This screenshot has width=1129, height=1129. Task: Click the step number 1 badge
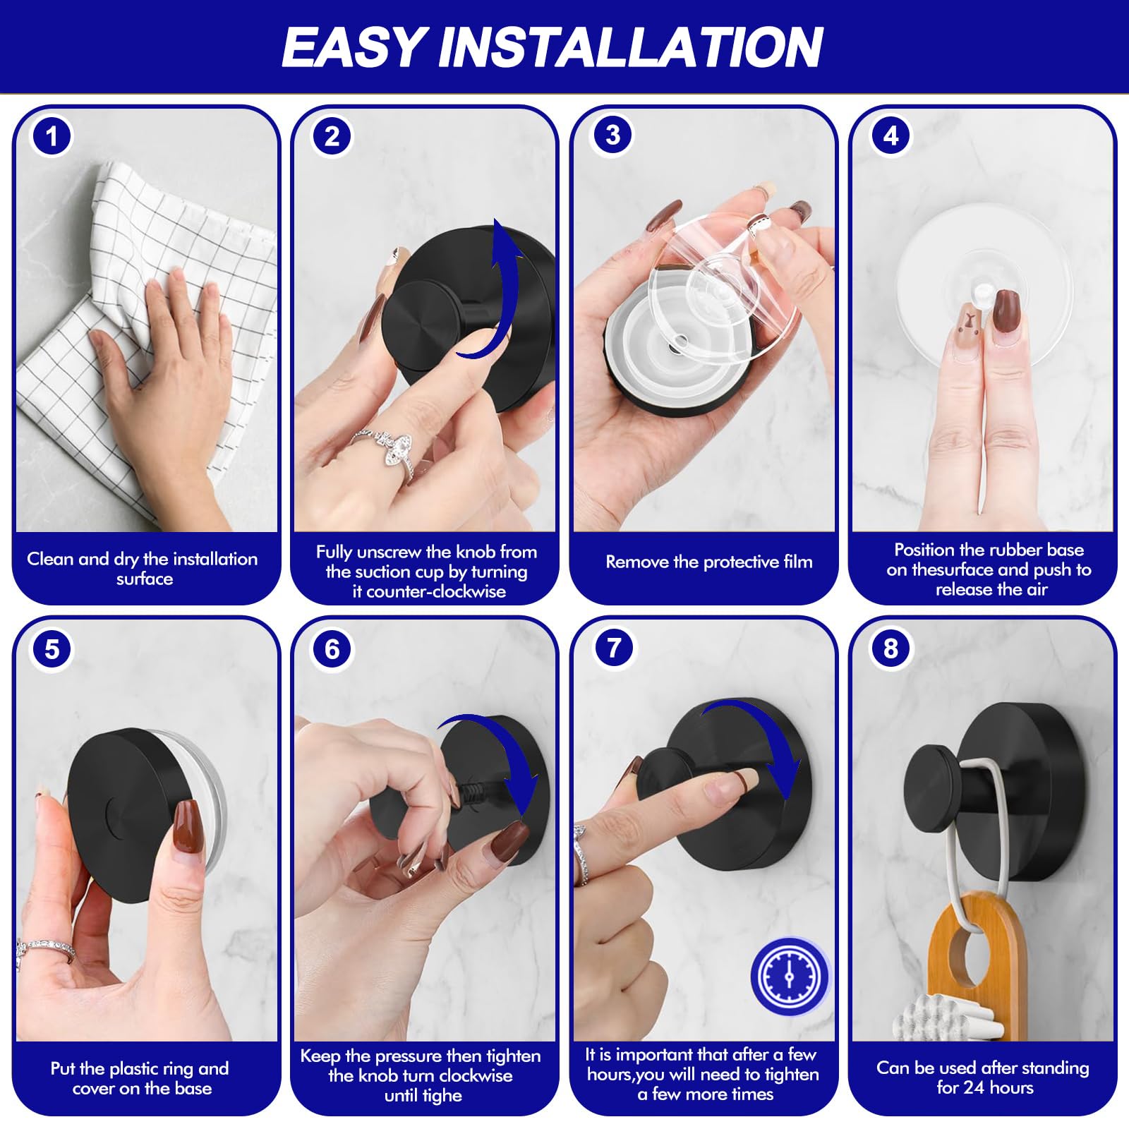coord(52,135)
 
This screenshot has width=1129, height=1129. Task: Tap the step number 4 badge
coord(890,135)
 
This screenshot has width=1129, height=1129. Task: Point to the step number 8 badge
coord(890,648)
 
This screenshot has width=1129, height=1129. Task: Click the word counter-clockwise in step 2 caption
coord(428,591)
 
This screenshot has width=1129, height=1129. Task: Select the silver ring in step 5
coord(46,949)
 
